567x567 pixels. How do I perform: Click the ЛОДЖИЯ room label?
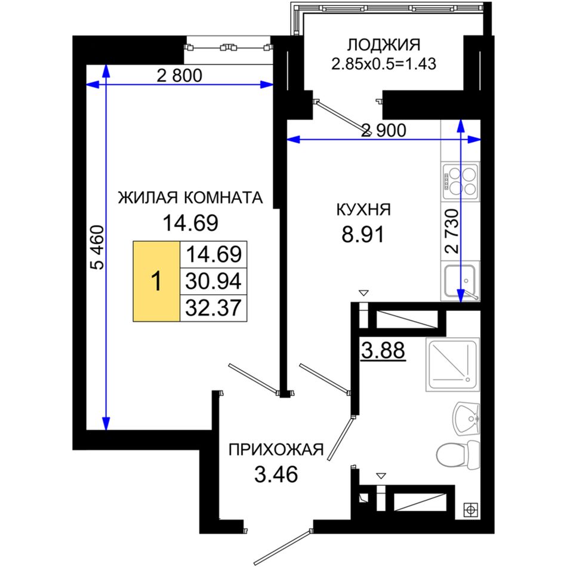click(384, 45)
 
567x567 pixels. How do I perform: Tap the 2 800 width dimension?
click(180, 76)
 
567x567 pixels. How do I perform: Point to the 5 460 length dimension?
click(97, 247)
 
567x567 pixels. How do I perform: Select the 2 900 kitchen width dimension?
click(384, 130)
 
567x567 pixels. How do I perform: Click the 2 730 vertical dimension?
click(452, 232)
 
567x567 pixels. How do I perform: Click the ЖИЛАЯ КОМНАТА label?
click(190, 198)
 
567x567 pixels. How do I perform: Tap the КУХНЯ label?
click(363, 209)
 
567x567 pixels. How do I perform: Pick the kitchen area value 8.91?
click(363, 235)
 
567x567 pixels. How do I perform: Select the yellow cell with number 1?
click(156, 281)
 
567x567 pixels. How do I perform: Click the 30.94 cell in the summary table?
click(213, 281)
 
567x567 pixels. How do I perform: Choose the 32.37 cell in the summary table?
click(213, 308)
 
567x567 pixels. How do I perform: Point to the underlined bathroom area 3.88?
click(383, 351)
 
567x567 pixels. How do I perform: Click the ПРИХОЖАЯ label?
click(276, 450)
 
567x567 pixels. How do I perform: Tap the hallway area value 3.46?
click(276, 474)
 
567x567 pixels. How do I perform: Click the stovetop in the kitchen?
click(460, 181)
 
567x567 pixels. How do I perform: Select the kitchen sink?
click(460, 281)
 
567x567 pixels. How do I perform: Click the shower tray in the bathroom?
click(453, 365)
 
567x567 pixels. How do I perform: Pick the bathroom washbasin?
click(467, 419)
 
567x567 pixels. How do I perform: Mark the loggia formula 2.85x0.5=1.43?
click(384, 64)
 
